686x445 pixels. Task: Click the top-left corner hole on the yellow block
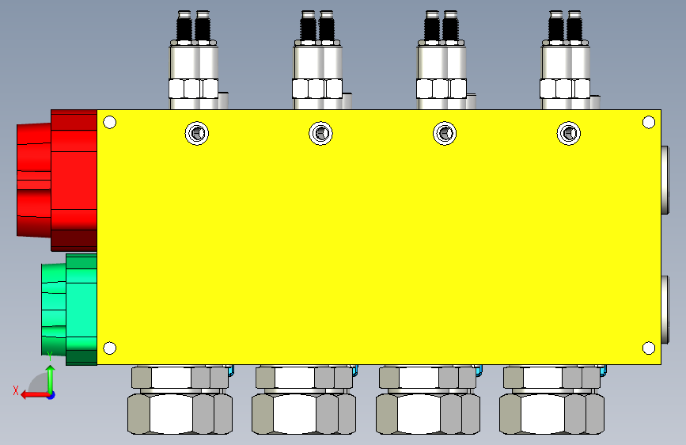109,122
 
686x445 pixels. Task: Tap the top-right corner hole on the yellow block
648,122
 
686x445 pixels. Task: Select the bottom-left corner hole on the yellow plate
109,348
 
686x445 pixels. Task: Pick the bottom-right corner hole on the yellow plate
648,348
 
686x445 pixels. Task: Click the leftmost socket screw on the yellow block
197,133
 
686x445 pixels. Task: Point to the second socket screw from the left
320,133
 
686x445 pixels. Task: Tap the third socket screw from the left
445,133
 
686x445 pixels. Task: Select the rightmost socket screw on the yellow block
569,133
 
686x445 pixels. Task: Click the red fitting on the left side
57,181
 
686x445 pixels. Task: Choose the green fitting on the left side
69,310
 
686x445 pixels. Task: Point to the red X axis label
16,390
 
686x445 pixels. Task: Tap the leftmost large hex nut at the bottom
180,413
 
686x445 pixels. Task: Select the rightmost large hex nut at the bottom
551,413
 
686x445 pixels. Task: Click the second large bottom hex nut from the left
304,413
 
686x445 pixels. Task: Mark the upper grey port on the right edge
665,180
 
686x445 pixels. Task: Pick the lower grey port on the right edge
665,310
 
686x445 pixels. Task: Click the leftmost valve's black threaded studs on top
193,26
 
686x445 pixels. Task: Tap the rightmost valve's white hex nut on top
565,89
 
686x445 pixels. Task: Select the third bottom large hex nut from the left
428,413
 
